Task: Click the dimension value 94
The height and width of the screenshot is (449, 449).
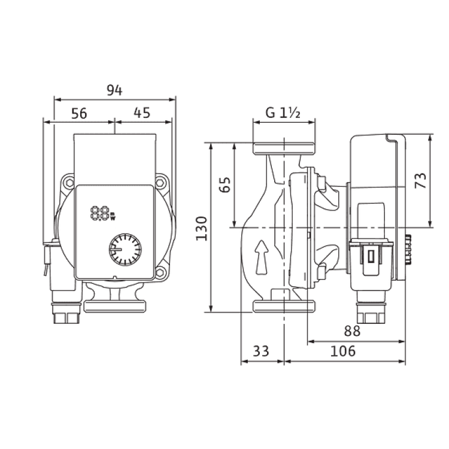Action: coord(114,90)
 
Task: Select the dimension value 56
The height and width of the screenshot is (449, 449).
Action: coord(79,113)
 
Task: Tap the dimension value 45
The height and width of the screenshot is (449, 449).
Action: coord(142,113)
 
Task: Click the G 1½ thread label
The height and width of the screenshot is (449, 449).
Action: coord(283,113)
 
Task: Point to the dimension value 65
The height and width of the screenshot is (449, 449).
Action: coord(225,185)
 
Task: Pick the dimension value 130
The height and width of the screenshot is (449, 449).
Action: coord(202,229)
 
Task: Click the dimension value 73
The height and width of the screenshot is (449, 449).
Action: coord(421,180)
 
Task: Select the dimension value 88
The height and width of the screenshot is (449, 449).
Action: coord(352,331)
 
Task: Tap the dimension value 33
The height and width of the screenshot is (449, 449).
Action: coord(261,351)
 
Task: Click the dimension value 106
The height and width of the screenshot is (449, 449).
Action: coord(343,351)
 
